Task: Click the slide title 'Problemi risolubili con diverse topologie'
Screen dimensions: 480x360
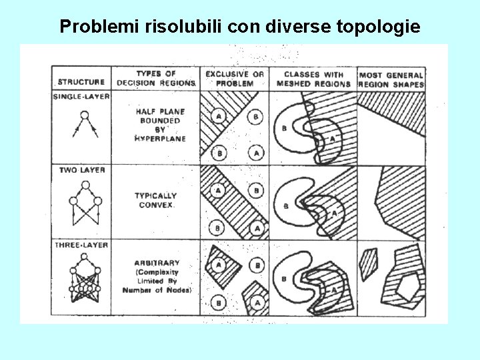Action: tap(240, 27)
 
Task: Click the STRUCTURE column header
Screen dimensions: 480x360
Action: tap(81, 82)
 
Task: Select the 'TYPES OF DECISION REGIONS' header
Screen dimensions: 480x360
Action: tap(155, 78)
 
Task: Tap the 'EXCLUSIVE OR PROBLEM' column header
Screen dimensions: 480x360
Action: tap(234, 79)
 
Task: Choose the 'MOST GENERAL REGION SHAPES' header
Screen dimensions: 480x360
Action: tap(391, 79)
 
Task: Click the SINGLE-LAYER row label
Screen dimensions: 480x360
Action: tap(81, 97)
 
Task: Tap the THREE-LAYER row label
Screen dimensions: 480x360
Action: tap(81, 245)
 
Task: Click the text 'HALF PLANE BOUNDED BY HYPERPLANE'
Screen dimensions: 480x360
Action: tap(160, 125)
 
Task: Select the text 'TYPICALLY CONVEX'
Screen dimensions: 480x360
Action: tap(155, 200)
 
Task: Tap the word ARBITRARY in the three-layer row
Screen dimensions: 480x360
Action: tap(157, 263)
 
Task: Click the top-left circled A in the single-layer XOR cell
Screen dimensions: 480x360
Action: tap(217, 117)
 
